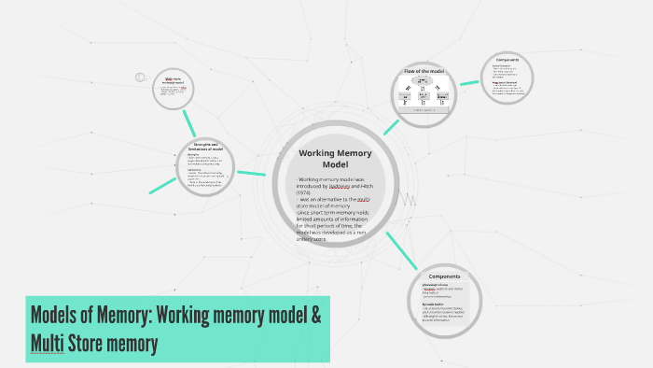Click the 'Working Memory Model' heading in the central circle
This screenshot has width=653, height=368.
pos(322,158)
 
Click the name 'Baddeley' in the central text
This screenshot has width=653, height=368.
pos(344,186)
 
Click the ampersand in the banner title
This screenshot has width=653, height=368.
pos(313,315)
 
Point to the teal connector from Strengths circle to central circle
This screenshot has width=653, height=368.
pos(251,173)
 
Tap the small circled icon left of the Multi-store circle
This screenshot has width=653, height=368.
pos(141,78)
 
